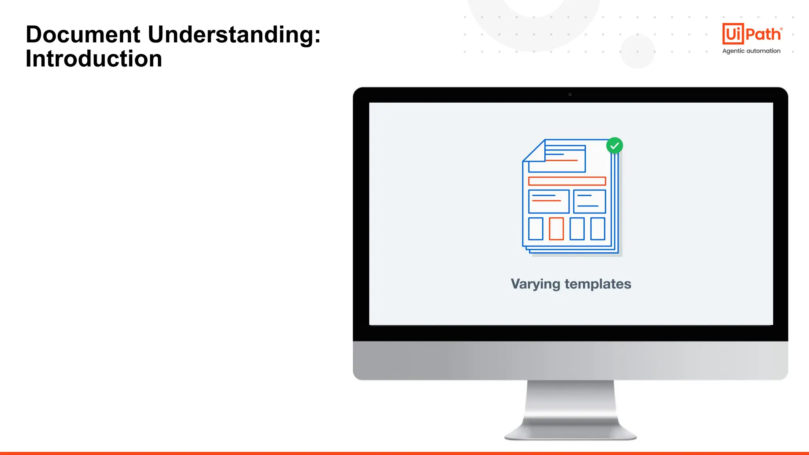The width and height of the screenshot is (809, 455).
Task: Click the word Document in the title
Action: [83, 34]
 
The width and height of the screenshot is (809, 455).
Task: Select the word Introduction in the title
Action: [94, 59]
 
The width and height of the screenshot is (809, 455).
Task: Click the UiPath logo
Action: [752, 34]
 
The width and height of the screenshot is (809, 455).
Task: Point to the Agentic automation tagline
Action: [751, 51]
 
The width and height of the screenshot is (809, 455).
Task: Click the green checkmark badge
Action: [615, 146]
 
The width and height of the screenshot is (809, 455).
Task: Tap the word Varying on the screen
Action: [535, 284]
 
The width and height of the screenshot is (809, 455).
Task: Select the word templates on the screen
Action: [598, 284]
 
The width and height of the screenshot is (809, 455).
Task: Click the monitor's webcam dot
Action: [570, 95]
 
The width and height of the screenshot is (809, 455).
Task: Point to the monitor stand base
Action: [570, 434]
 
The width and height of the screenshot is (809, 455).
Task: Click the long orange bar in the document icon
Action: [567, 181]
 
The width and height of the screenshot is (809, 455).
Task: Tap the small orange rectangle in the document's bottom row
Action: [556, 229]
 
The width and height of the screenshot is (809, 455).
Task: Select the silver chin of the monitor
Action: [570, 360]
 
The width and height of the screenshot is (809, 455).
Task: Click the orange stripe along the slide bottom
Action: [404, 453]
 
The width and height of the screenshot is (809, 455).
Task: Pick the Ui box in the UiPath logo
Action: [733, 34]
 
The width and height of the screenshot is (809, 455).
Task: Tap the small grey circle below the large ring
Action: [637, 51]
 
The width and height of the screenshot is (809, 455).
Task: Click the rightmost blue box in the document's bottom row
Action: [598, 229]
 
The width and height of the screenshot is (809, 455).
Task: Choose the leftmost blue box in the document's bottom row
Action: [536, 229]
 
